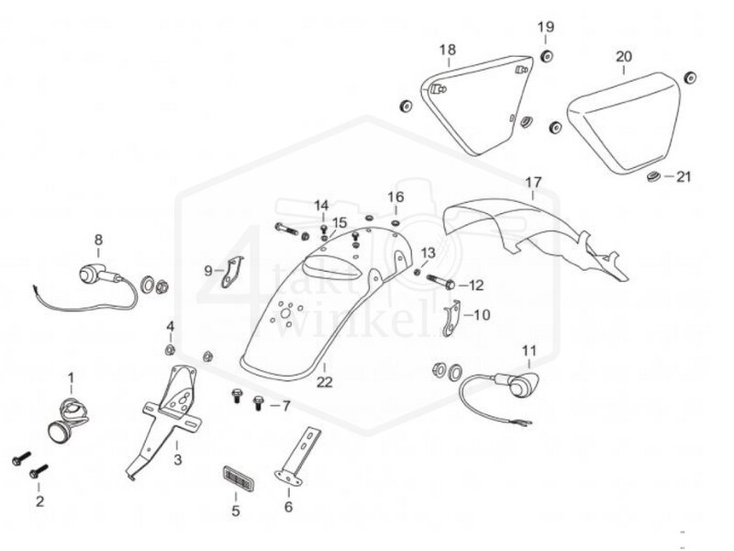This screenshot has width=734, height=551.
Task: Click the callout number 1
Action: coord(72,377)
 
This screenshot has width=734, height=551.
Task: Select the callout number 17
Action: coord(533,182)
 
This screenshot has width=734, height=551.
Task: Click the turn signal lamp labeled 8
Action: coord(92,272)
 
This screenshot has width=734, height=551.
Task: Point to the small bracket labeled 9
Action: coord(236,270)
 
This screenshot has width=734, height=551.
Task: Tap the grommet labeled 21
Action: coord(652,175)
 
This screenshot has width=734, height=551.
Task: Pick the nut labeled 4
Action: coord(170,349)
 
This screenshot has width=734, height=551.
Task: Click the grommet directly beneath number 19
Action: coord(546,58)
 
